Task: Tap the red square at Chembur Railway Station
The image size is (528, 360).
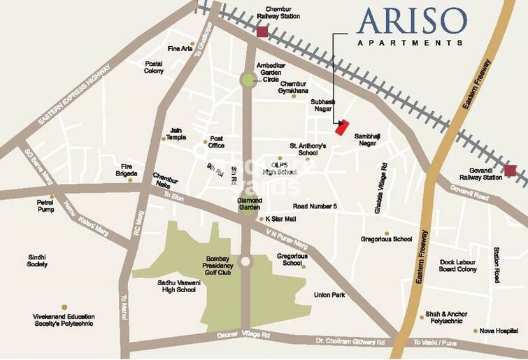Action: [262, 32]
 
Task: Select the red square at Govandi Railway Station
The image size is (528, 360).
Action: [511, 171]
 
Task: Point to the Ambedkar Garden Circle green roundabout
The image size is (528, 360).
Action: [248, 80]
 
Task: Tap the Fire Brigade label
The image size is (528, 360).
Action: [126, 170]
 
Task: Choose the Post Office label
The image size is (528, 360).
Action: [215, 142]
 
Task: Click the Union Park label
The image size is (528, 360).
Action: [329, 295]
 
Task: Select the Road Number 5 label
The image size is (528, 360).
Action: [315, 207]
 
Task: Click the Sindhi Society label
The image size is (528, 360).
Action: [37, 261]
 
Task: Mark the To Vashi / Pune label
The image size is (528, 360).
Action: [436, 343]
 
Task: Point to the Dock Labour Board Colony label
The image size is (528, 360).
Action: [458, 266]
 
